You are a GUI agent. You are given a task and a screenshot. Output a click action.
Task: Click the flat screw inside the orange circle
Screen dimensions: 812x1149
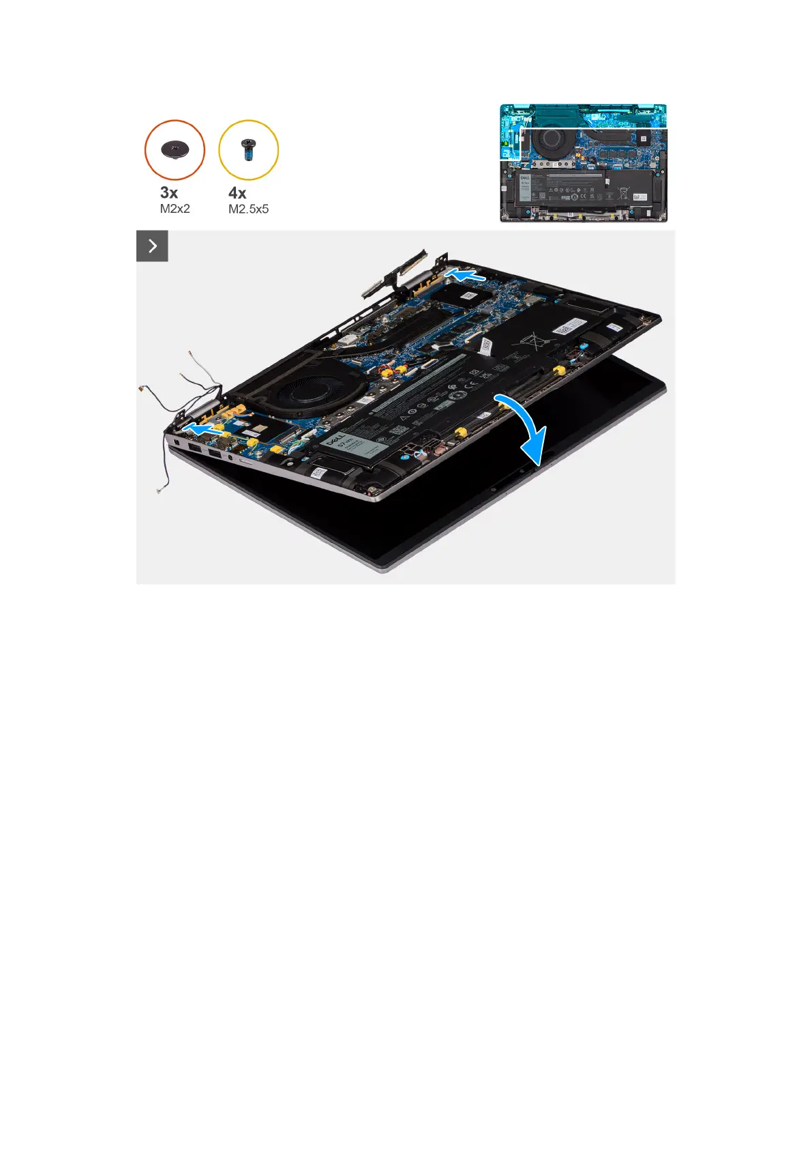point(175,148)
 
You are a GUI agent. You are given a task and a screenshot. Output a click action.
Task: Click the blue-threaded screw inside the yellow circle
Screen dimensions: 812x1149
point(247,149)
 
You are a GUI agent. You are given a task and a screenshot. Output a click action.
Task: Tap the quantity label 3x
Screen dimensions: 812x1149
point(169,193)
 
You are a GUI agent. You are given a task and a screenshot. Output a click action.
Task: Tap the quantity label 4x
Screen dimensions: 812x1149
point(237,193)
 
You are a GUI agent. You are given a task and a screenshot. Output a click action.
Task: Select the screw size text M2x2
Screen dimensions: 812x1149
point(175,209)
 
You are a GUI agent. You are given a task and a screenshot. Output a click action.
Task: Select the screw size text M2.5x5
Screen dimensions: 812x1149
point(248,209)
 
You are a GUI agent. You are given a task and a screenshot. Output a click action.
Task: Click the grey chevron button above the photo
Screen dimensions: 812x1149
point(152,246)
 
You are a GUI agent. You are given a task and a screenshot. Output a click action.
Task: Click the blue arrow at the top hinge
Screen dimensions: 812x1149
point(465,275)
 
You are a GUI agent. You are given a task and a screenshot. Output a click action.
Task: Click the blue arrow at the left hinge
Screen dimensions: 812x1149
point(203,429)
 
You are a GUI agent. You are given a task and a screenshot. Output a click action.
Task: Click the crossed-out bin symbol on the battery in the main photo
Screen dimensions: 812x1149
point(528,338)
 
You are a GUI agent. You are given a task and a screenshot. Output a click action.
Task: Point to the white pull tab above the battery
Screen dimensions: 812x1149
point(485,346)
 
